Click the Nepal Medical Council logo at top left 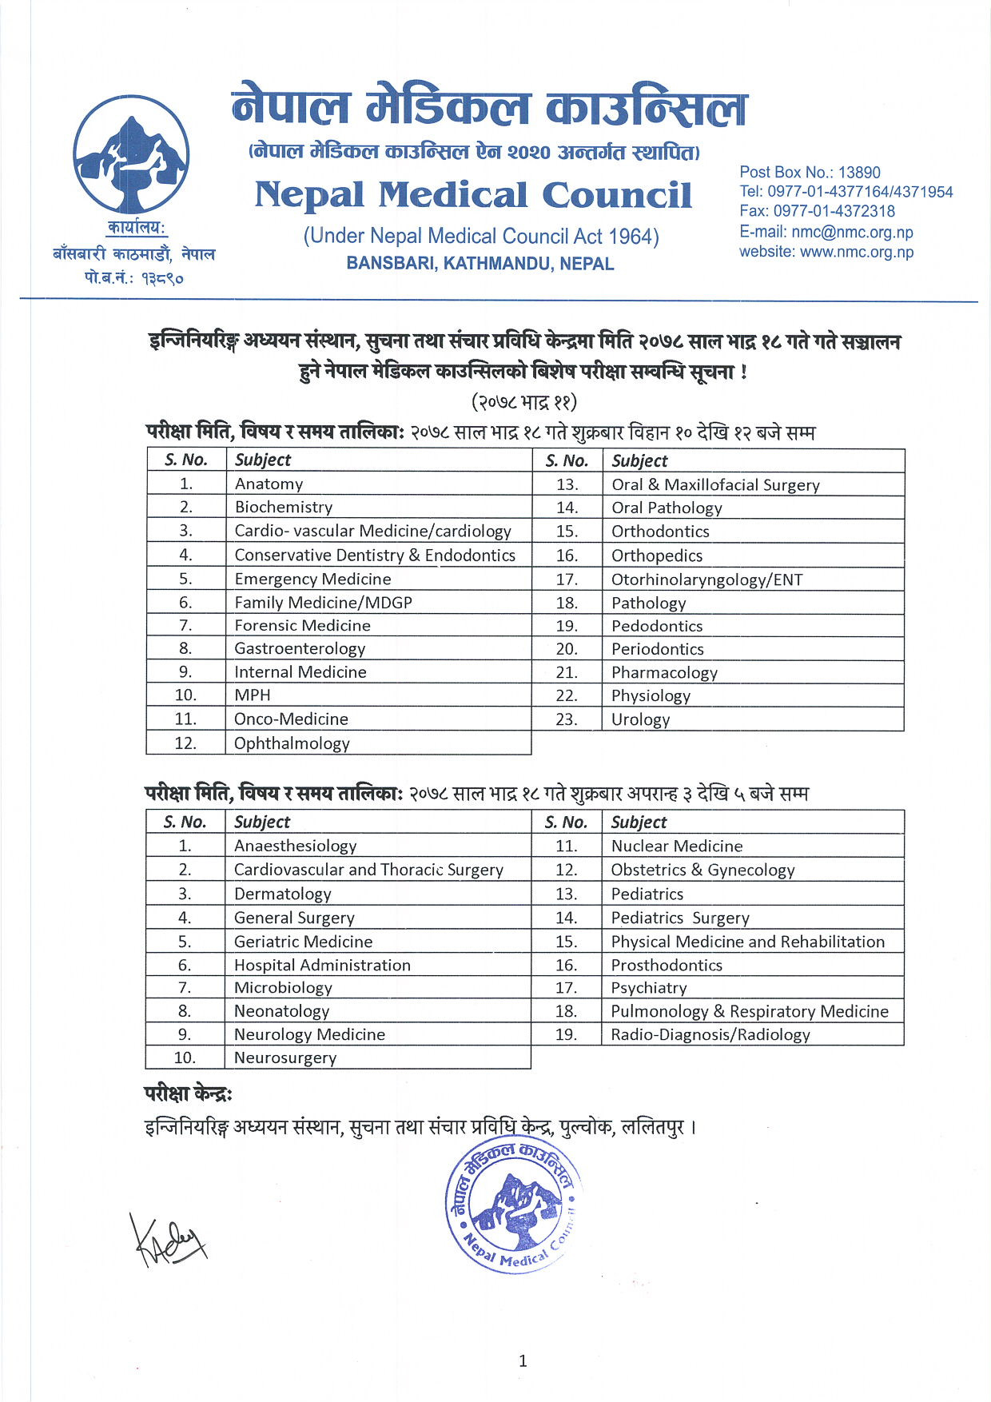(131, 154)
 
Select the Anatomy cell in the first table (269, 484)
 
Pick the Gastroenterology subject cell (300, 648)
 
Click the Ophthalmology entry (292, 743)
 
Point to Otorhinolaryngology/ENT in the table (706, 580)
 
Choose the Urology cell (640, 719)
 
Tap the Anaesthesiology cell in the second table (295, 846)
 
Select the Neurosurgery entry (285, 1057)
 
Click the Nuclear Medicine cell (676, 846)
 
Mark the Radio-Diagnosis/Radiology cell (710, 1034)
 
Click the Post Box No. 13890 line (809, 172)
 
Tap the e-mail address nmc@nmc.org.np (826, 232)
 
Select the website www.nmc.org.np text (826, 252)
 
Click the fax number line (816, 211)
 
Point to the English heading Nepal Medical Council (473, 195)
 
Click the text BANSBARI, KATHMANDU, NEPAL (480, 264)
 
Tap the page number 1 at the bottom (523, 1361)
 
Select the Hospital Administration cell (322, 965)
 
